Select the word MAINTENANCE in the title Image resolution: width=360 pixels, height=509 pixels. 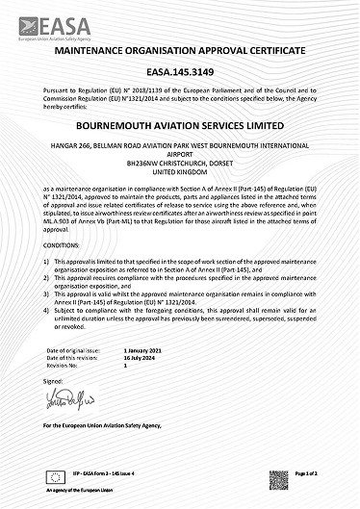click(x=93, y=49)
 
